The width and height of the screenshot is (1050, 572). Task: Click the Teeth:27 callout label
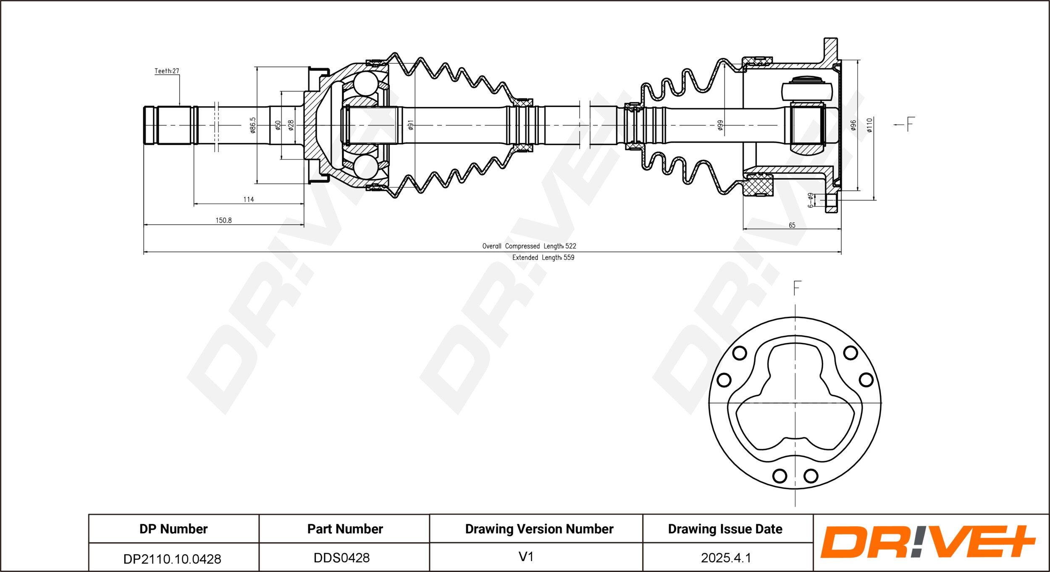[167, 71]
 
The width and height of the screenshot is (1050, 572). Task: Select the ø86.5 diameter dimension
[252, 125]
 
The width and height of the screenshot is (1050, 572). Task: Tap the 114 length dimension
[249, 199]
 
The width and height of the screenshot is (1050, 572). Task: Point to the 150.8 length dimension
[223, 220]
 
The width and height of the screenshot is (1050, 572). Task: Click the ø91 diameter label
[411, 125]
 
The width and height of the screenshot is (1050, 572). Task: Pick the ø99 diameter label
[720, 125]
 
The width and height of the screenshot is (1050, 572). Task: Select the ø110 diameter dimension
[869, 125]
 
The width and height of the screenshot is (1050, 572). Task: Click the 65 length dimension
[792, 225]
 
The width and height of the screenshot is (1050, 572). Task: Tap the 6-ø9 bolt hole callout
[811, 200]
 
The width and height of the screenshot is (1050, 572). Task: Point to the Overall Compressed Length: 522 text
[529, 246]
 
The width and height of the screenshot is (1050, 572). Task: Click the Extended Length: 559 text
[543, 257]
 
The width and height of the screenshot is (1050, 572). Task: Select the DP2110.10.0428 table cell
[172, 559]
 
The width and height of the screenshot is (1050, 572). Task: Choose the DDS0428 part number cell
[341, 558]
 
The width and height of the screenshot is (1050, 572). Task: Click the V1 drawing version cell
[526, 556]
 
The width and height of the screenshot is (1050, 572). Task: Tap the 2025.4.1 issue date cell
[726, 558]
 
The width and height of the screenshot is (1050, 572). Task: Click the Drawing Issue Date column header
[725, 529]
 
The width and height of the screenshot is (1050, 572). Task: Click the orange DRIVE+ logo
[928, 542]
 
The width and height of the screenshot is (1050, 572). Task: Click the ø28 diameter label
[291, 125]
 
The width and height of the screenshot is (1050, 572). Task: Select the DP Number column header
[173, 529]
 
